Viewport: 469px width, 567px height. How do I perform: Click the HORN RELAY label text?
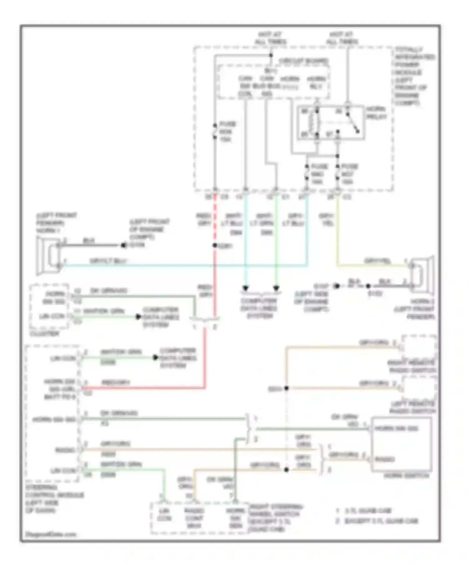click(x=376, y=113)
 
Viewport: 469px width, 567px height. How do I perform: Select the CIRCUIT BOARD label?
click(x=303, y=61)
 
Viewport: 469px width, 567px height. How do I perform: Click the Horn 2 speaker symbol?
click(x=423, y=275)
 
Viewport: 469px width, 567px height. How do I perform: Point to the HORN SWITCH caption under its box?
click(x=406, y=476)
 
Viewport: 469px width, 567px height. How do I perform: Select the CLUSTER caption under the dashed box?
click(x=44, y=334)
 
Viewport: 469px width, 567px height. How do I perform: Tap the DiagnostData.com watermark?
click(x=51, y=534)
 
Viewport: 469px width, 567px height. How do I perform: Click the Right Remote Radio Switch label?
click(x=411, y=367)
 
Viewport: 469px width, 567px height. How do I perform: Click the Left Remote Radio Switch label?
click(x=412, y=407)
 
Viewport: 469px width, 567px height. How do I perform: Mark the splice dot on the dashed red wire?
click(x=215, y=245)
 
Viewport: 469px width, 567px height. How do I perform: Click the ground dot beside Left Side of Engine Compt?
click(x=336, y=286)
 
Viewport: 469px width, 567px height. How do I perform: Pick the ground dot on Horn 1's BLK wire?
click(x=124, y=245)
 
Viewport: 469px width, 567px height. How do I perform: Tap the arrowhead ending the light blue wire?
click(x=246, y=288)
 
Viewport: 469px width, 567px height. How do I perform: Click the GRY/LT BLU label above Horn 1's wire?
click(x=108, y=261)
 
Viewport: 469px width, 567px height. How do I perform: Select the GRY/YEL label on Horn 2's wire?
click(x=377, y=261)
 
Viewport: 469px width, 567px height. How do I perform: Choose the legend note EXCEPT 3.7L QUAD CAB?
click(x=381, y=521)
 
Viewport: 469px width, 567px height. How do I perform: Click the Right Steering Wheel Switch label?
click(x=275, y=518)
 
